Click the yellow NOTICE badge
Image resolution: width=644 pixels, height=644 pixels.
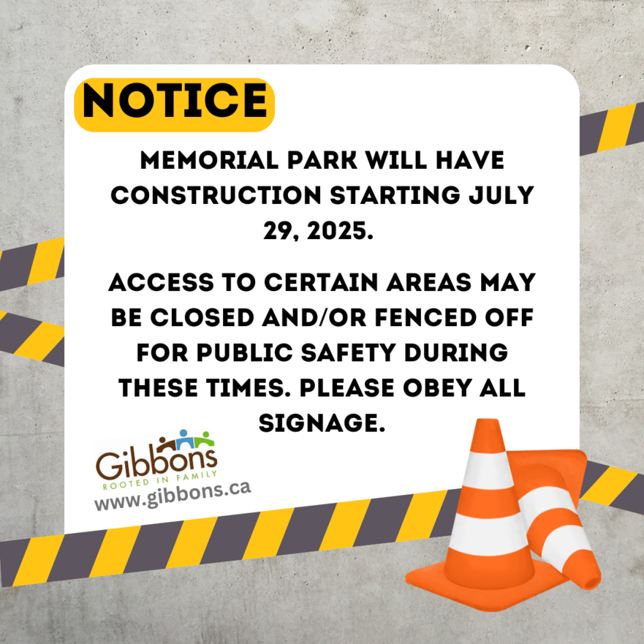[x=174, y=105]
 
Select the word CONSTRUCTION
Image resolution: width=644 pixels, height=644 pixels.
[x=216, y=195]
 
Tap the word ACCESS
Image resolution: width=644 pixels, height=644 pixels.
[x=161, y=283]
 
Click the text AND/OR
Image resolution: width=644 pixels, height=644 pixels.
[x=314, y=317]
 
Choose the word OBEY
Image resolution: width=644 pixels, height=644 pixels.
[x=438, y=387]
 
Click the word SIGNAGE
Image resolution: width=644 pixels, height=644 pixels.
[x=322, y=423]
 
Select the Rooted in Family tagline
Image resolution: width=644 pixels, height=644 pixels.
[x=160, y=480]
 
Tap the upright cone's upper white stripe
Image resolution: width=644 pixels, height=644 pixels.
[x=488, y=470]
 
